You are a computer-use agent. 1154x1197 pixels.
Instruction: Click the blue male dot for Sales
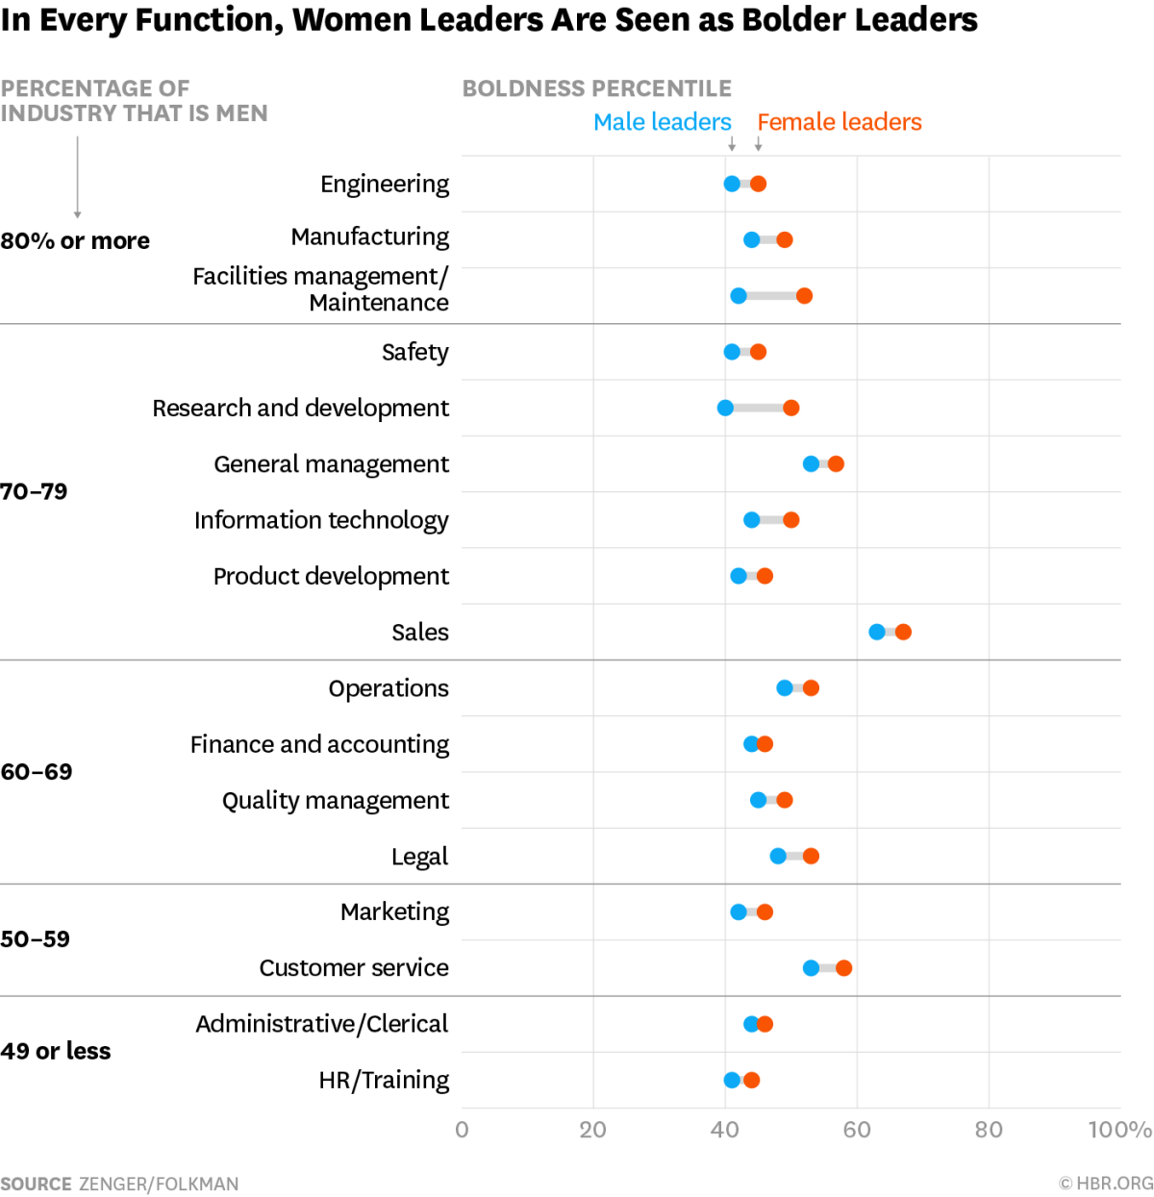[877, 632]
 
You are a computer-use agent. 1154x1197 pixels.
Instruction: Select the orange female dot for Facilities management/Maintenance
[804, 296]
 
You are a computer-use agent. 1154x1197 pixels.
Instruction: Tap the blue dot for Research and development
[725, 408]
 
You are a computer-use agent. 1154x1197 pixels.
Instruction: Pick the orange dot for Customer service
[843, 968]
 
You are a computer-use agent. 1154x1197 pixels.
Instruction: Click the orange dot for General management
[836, 464]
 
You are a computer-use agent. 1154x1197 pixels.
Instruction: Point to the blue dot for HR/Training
[732, 1080]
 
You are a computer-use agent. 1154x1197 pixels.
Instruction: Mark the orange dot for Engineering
[758, 184]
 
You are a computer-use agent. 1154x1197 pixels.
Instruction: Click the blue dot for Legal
[778, 856]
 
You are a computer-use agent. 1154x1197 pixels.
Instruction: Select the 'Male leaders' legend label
[662, 122]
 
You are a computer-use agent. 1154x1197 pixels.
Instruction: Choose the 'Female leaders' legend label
[839, 122]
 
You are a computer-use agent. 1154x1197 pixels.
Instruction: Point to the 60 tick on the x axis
[857, 1130]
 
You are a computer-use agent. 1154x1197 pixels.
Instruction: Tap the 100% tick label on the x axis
[1119, 1130]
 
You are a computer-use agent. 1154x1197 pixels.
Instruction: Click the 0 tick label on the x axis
[462, 1130]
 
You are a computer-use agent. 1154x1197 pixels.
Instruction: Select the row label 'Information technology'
[321, 520]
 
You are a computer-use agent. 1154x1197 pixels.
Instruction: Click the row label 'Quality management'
[335, 801]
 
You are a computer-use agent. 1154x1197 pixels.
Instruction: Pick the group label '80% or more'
[75, 240]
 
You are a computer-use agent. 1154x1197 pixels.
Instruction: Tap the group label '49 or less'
[56, 1051]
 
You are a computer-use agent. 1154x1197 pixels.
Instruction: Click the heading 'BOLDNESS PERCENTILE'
[596, 88]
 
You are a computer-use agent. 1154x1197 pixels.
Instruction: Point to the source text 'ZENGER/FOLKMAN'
[159, 1184]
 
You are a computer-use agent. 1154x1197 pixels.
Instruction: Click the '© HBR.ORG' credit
[1106, 1184]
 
